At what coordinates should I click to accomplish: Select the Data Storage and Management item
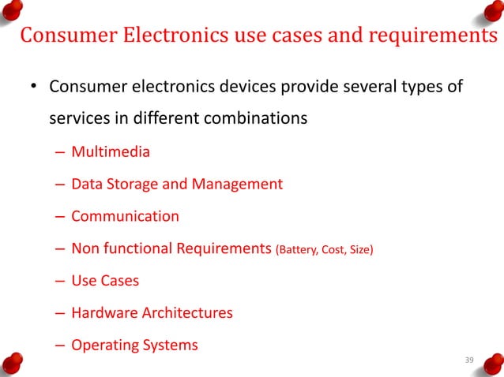point(176,184)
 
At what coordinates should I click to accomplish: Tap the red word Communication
point(125,216)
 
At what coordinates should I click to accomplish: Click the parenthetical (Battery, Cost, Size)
point(324,250)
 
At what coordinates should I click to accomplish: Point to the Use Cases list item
point(104,281)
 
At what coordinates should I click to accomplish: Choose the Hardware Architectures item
point(152,313)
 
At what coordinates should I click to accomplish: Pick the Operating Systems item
point(134,345)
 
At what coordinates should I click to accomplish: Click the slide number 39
point(469,360)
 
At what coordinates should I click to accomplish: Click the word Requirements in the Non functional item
point(223,248)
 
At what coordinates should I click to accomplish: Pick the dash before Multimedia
point(61,152)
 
